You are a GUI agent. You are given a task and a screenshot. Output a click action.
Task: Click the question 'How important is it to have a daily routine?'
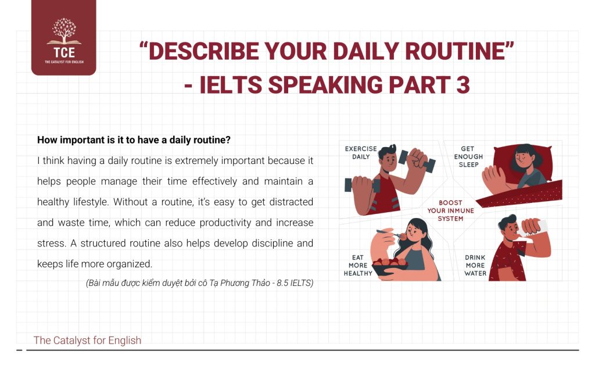point(134,140)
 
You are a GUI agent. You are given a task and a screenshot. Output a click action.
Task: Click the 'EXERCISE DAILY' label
point(361,152)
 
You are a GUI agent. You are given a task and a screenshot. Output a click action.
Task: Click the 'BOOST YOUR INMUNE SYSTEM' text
point(450,210)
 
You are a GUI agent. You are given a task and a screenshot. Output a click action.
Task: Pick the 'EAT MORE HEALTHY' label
point(358,265)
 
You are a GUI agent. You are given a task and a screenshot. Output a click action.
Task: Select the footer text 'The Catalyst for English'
point(87,340)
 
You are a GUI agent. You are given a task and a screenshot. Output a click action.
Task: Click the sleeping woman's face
point(523,158)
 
